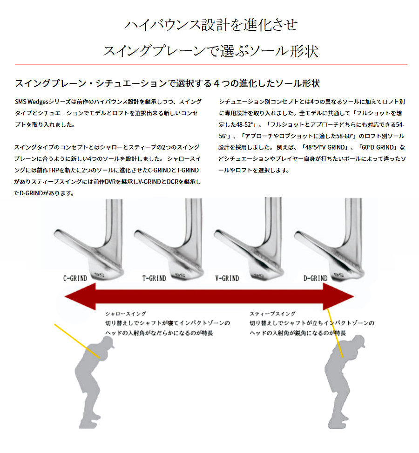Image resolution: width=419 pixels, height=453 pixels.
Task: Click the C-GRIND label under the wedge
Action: click(75, 279)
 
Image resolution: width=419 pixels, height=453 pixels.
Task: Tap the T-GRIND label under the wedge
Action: click(154, 279)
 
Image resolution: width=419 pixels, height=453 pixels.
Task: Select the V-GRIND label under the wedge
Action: click(227, 279)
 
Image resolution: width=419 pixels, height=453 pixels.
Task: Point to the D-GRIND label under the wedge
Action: click(315, 279)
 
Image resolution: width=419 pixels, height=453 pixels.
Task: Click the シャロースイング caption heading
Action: click(126, 314)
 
